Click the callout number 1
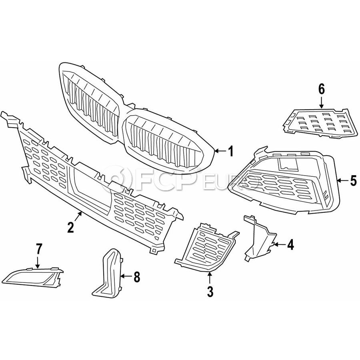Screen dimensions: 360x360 (230, 151)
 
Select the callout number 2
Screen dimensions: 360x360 (70, 227)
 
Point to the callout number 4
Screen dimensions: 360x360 (290, 244)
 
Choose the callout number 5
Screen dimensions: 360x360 (353, 181)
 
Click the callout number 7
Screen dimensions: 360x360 (38, 249)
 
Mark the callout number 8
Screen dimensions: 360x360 (137, 276)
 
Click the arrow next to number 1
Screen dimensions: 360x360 (220, 151)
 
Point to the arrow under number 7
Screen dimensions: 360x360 (38, 262)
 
